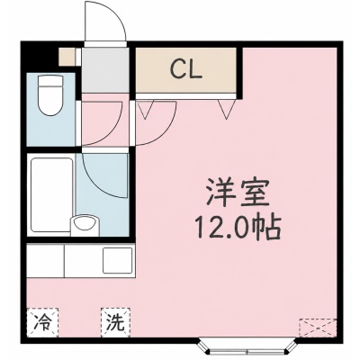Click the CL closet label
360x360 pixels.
(x=185, y=69)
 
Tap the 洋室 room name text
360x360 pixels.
(x=238, y=193)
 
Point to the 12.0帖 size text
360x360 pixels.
(x=238, y=227)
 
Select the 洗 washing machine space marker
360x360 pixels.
(x=116, y=322)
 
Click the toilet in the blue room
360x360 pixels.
(x=50, y=95)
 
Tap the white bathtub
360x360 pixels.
(x=51, y=195)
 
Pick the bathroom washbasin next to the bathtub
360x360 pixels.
(x=84, y=224)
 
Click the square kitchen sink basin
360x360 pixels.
(x=118, y=260)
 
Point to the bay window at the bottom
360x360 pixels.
(x=247, y=348)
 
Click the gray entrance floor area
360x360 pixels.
(x=105, y=70)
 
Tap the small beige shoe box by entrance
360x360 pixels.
(x=67, y=57)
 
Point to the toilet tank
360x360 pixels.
(x=50, y=80)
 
